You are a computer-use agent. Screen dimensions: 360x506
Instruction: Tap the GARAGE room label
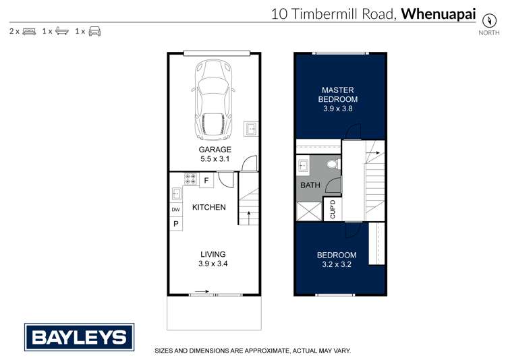point(215,150)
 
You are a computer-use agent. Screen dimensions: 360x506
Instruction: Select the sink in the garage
point(250,128)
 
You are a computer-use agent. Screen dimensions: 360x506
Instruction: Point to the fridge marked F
point(206,181)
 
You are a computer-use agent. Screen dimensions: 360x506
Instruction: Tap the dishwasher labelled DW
point(175,210)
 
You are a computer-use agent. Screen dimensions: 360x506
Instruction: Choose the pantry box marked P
point(175,224)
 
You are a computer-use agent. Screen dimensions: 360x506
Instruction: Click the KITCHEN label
point(209,207)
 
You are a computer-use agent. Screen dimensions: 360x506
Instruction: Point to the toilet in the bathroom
point(331,164)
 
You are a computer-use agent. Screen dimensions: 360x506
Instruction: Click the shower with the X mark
point(308,212)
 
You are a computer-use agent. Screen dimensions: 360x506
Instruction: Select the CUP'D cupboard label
point(332,211)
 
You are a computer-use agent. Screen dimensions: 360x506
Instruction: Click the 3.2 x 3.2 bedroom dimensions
point(337,264)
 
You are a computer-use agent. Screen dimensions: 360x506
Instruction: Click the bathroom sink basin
point(303,164)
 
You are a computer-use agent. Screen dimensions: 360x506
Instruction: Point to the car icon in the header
point(94,31)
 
